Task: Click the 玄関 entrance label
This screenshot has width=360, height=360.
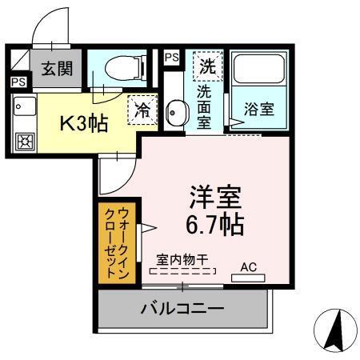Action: click(x=55, y=67)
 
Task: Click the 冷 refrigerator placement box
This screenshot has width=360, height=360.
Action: click(x=142, y=110)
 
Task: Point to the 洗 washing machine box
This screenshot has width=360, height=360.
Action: click(x=207, y=64)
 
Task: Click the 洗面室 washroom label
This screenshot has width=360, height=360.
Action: click(x=204, y=104)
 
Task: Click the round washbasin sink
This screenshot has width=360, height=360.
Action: click(x=176, y=111)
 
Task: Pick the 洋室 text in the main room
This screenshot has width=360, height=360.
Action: click(x=215, y=195)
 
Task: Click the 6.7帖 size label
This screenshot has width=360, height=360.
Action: click(x=215, y=224)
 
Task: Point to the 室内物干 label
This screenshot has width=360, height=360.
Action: click(x=182, y=259)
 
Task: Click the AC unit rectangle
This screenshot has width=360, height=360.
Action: click(x=248, y=278)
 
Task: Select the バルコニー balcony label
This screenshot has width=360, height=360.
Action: click(x=182, y=307)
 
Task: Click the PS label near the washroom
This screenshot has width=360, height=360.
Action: click(x=171, y=58)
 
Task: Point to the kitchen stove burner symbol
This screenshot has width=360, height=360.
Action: click(x=24, y=142)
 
